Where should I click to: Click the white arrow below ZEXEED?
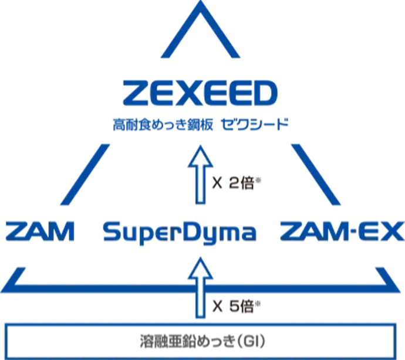[201, 176]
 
